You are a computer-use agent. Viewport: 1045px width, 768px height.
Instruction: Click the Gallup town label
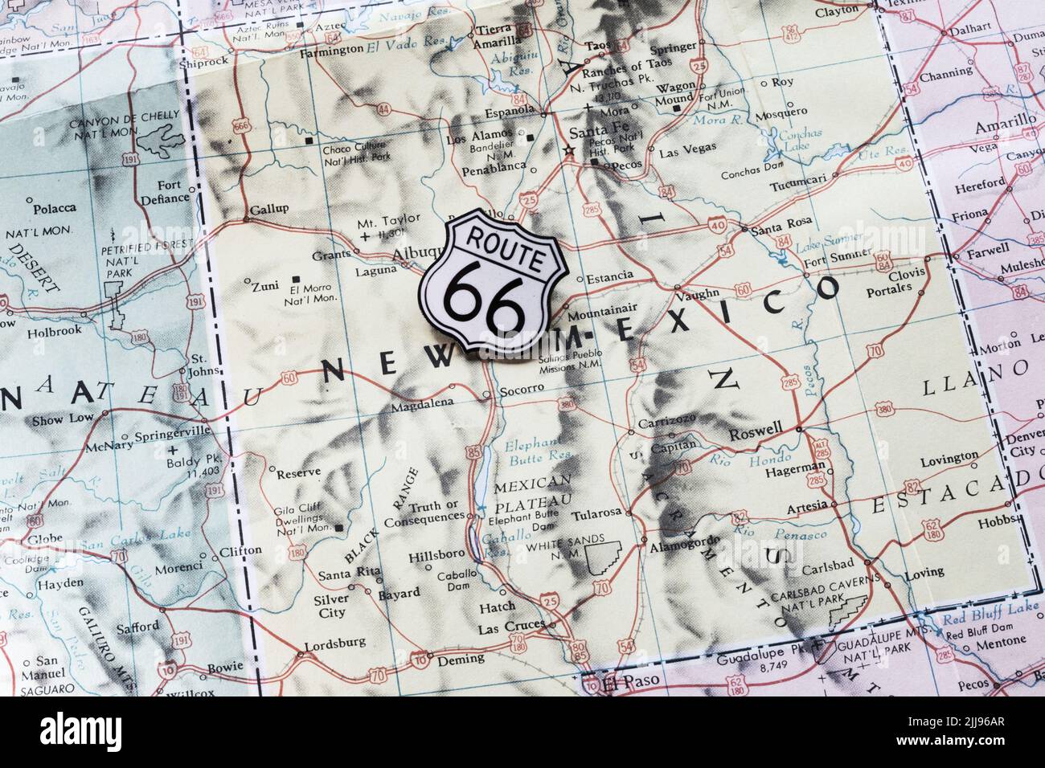click(268, 209)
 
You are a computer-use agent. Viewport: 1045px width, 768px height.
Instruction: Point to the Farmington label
click(330, 50)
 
